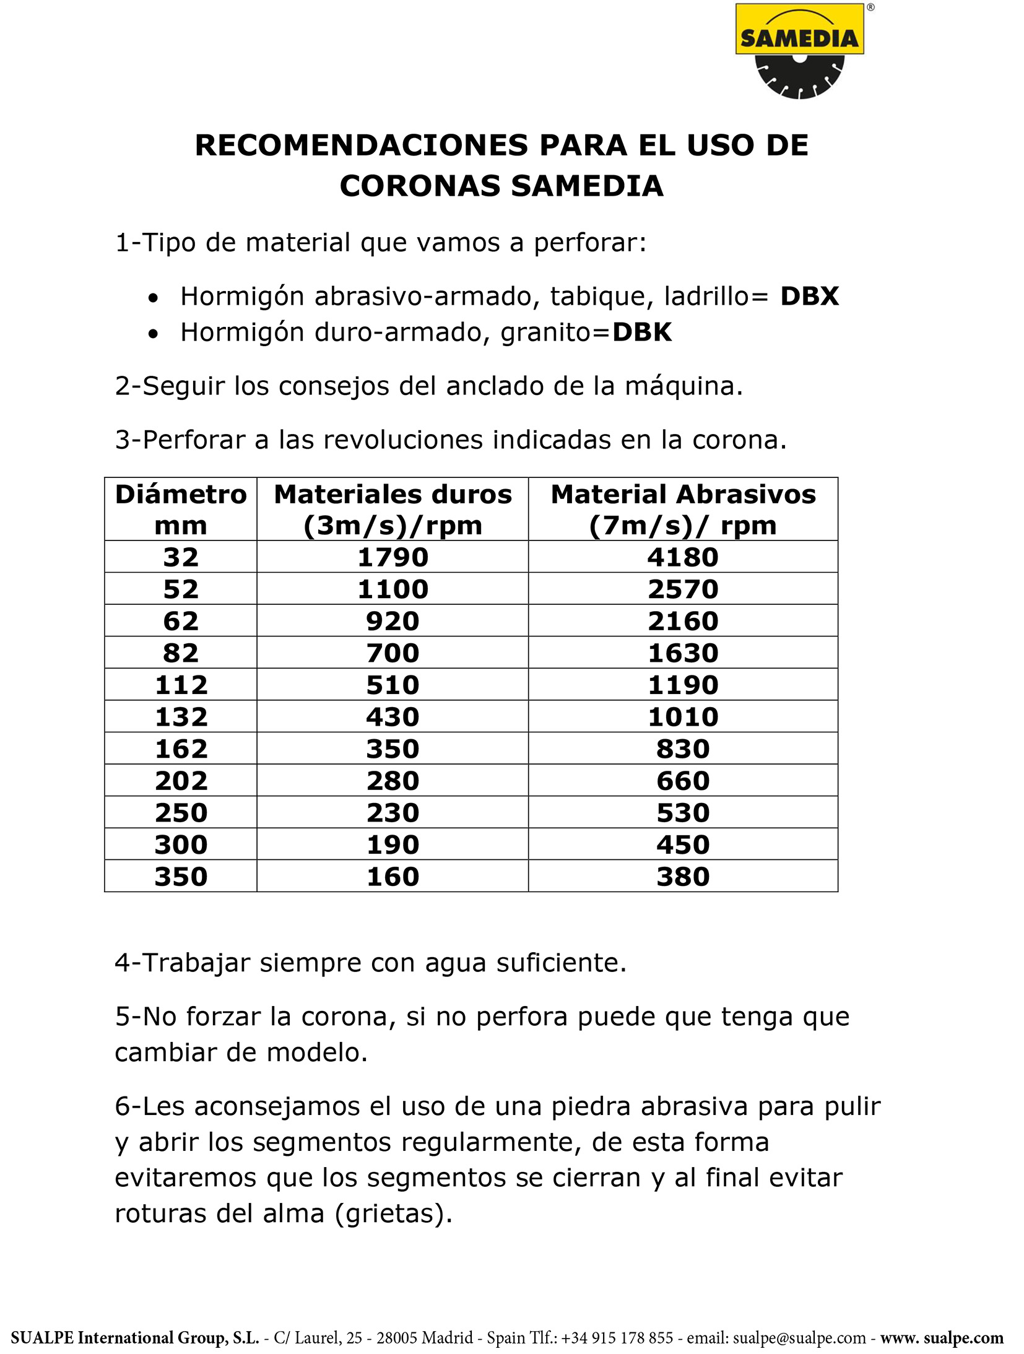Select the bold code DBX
pos(809,297)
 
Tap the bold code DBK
pos(641,332)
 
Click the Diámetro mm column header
pos(181,510)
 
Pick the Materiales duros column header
pos(393,510)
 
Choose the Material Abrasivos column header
pos(683,510)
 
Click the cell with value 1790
pos(393,557)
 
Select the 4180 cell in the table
pos(683,557)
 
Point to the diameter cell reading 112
pos(181,685)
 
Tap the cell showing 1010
pos(683,717)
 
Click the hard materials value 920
pos(393,621)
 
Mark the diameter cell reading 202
pos(181,781)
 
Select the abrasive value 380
pos(683,877)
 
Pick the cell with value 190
pos(393,844)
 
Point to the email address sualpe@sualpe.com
pos(799,1338)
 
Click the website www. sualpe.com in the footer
pos(942,1338)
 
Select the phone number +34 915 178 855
pos(617,1338)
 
